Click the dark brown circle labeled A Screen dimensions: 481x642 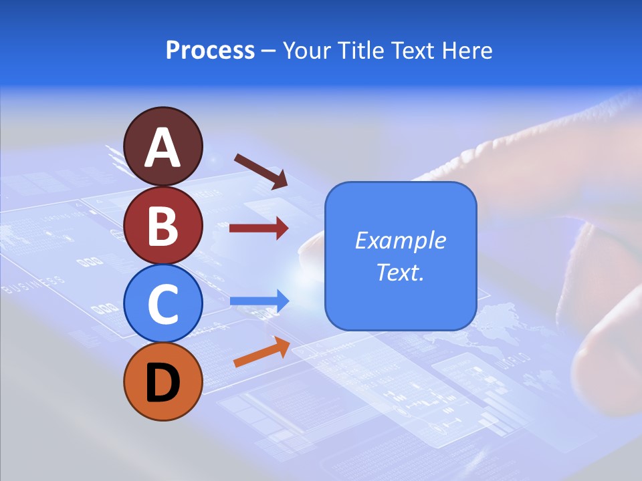point(163,146)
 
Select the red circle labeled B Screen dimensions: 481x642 point(163,225)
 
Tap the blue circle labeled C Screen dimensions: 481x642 point(163,303)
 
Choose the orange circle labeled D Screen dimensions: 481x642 point(163,381)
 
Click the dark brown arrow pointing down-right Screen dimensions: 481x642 point(261,171)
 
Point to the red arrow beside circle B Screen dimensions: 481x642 point(259,228)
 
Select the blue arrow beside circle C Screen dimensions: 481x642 point(259,301)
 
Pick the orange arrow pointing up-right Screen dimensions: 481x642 point(261,351)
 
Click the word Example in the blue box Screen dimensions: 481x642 point(400,240)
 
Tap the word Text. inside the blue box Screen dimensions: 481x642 point(400,273)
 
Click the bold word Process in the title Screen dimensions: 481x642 point(210,51)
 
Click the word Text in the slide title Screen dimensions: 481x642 point(415,51)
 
